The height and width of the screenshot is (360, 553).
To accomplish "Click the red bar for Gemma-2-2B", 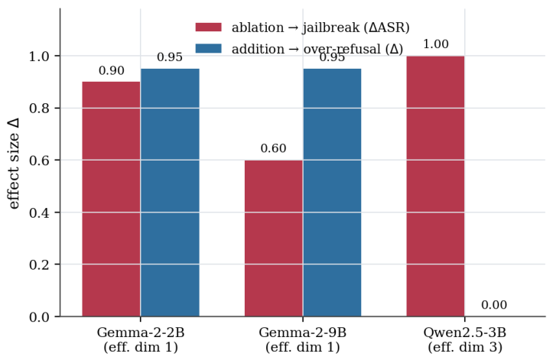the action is click(x=111, y=199).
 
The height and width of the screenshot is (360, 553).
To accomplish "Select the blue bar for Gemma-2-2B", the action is click(x=170, y=193).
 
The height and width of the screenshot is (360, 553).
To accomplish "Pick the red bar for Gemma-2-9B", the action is click(x=274, y=238).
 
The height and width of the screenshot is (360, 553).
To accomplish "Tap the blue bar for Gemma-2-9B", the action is click(x=332, y=193).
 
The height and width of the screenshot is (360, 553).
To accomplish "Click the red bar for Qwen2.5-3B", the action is click(x=435, y=186).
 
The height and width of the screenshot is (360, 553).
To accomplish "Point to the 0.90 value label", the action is click(x=112, y=70).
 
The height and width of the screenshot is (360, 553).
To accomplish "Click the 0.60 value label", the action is click(x=273, y=148).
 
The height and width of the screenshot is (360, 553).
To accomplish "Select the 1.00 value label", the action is click(x=435, y=44).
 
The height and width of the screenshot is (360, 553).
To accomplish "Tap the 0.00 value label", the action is click(x=494, y=305).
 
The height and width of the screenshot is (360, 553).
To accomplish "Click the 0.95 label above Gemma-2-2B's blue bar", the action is click(x=170, y=57).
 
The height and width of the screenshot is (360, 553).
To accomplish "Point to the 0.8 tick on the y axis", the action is click(x=39, y=109).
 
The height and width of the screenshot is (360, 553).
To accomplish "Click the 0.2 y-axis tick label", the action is click(x=39, y=264).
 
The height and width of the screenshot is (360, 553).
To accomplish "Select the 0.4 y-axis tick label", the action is click(x=39, y=212).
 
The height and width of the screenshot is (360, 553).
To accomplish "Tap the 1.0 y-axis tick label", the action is click(x=39, y=57).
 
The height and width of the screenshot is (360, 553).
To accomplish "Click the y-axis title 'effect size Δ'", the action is click(x=14, y=164).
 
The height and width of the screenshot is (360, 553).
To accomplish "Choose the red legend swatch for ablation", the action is click(x=209, y=28).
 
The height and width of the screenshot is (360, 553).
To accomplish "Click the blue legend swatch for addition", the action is click(x=209, y=49).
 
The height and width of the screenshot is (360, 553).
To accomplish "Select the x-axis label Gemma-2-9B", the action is click(x=303, y=332).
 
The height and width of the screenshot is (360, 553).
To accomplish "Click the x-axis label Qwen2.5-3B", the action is click(x=465, y=332).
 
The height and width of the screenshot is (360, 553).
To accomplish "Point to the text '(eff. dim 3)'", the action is click(x=465, y=347).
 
